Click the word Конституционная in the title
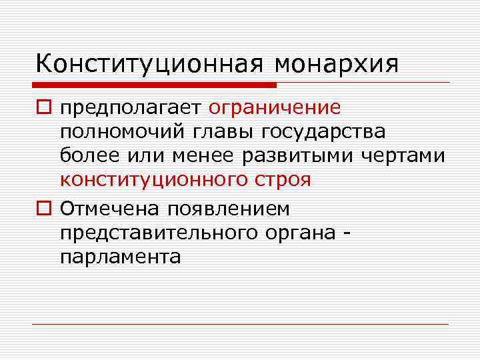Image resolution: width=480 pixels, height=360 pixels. click(149, 64)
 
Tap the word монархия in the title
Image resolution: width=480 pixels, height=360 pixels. click(336, 64)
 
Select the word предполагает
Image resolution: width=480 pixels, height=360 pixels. click(132, 108)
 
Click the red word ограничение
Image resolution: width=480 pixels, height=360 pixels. click(275, 108)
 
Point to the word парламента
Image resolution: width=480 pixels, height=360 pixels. click(120, 257)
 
